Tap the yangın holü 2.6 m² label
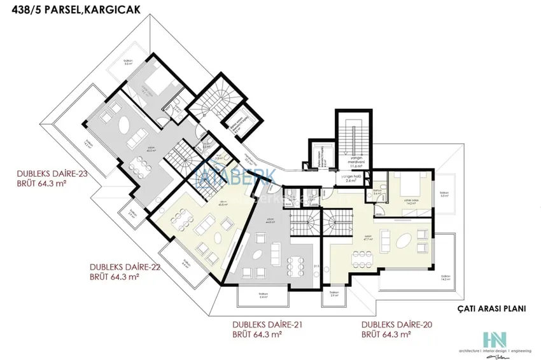pyautogui.click(x=351, y=180)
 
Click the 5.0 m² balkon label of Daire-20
pyautogui.click(x=444, y=195)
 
